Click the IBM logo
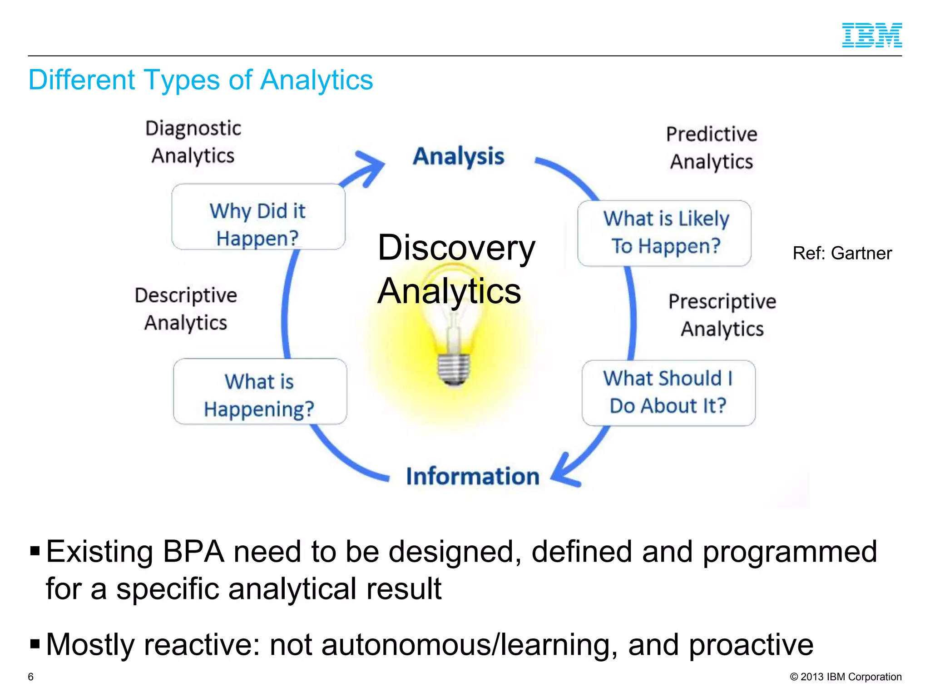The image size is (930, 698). (871, 35)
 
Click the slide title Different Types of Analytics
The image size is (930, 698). (200, 80)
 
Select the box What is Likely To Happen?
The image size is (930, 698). (664, 233)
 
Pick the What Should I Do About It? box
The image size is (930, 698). (668, 393)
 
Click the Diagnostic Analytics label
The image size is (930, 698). (193, 142)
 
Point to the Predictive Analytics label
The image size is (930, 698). (712, 148)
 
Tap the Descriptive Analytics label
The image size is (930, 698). (186, 309)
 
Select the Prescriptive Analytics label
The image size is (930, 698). (722, 315)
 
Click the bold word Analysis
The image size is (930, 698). (458, 156)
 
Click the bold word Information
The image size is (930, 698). (472, 476)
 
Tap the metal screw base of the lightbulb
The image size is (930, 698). (454, 369)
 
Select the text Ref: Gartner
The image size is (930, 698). (842, 253)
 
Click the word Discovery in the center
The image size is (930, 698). (456, 248)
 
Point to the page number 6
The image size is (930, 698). (31, 677)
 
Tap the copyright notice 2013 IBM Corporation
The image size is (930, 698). (846, 677)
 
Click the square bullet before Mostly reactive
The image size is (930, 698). (35, 644)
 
